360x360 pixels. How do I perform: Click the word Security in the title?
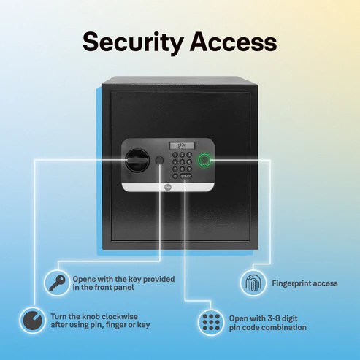[133, 42]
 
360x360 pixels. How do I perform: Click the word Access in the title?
[233, 42]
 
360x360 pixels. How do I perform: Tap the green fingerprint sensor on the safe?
[204, 160]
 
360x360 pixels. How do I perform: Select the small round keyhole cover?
[159, 160]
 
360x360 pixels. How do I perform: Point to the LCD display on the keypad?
[182, 146]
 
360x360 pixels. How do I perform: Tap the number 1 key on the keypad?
[175, 155]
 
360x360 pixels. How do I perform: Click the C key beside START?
[175, 176]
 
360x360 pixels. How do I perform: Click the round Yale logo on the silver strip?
[168, 187]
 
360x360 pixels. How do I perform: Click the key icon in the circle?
[57, 283]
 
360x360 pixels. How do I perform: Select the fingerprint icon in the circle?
[253, 283]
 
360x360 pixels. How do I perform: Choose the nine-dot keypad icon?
[211, 323]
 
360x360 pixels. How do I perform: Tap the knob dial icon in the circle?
[33, 320]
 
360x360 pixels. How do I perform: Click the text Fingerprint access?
[305, 283]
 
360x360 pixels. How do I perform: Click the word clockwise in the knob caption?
[120, 316]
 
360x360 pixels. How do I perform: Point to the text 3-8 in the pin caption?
[275, 318]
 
